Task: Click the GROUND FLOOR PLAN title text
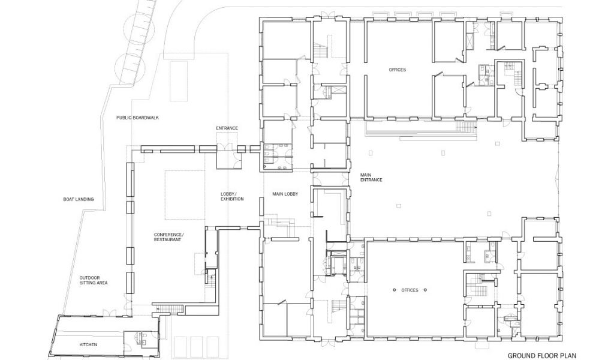[x=542, y=356]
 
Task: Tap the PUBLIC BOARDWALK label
[x=137, y=118]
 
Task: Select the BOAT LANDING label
[x=79, y=199]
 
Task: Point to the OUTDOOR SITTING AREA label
[x=94, y=280]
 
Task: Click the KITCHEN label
[x=88, y=345]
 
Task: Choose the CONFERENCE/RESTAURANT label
[x=168, y=237]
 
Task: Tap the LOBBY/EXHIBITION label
[x=232, y=196]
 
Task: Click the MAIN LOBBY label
[x=285, y=194]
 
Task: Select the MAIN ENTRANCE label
[x=371, y=177]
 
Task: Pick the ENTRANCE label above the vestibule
[x=227, y=128]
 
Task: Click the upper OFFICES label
[x=397, y=70]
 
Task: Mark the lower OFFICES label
[x=410, y=290]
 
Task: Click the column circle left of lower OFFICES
[x=395, y=290]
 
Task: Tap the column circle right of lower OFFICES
[x=425, y=290]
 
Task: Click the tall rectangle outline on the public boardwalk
[x=179, y=80]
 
